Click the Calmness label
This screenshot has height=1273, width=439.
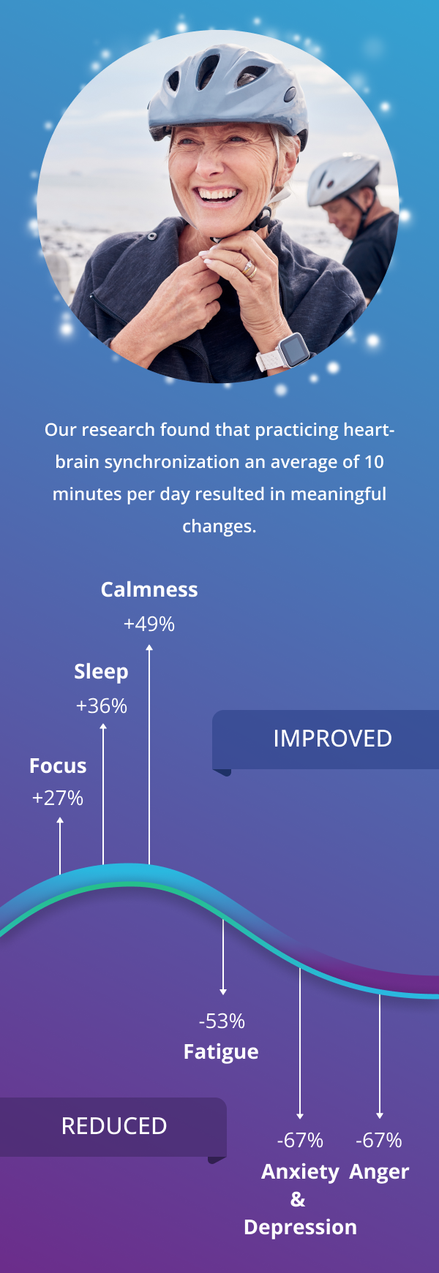point(149,590)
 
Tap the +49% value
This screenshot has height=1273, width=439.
point(149,624)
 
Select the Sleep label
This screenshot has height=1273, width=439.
point(101,672)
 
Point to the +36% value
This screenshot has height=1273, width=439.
point(102,706)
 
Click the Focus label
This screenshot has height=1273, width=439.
point(58,766)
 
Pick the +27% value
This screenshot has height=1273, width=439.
point(58,798)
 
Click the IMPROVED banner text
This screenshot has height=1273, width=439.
point(332,739)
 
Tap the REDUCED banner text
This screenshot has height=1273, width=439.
point(114,1127)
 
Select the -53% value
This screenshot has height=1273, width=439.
point(222,1021)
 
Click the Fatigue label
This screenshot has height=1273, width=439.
point(221,1052)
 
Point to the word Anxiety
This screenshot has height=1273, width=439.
point(300,1172)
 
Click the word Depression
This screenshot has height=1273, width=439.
point(300,1228)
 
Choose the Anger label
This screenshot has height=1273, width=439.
point(379,1172)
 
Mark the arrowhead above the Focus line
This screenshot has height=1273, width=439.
point(60,821)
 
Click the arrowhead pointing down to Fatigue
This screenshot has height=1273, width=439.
point(223,991)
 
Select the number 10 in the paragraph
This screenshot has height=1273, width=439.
point(374,462)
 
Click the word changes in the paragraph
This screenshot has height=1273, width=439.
point(219,526)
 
